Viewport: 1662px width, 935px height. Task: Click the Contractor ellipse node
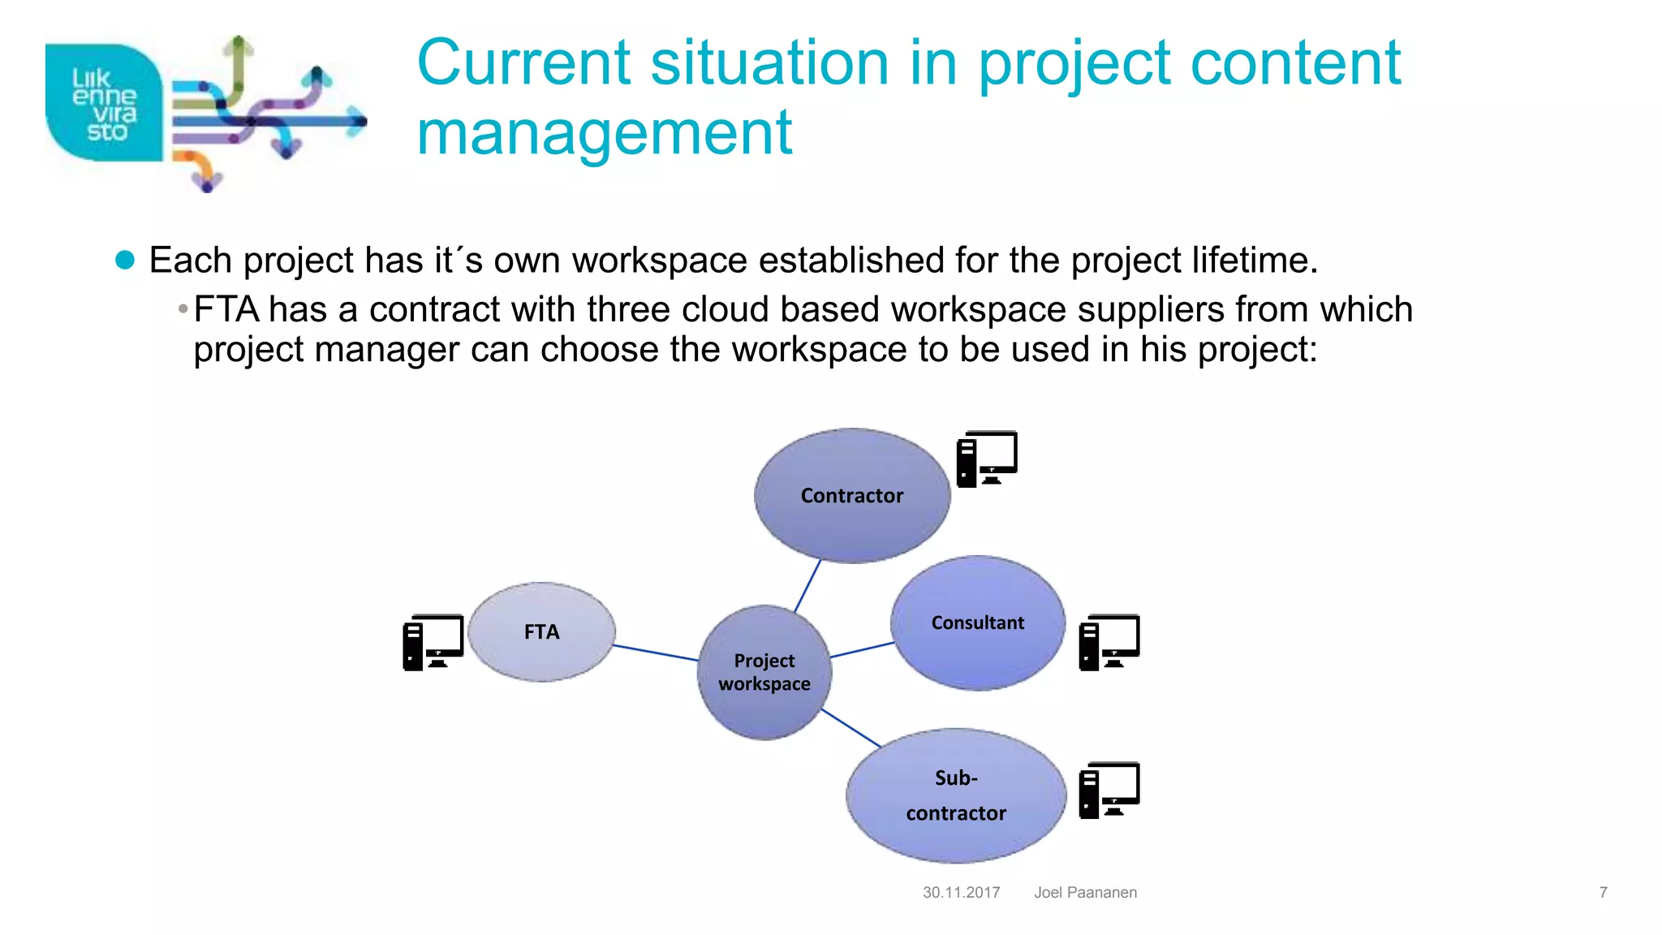851,495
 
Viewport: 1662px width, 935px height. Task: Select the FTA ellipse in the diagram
541,631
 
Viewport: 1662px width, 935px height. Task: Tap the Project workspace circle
764,672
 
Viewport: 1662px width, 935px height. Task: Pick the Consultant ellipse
977,623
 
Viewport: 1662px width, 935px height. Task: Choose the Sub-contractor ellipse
955,795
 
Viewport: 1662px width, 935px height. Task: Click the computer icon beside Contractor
986,459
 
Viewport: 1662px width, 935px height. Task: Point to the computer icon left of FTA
433,642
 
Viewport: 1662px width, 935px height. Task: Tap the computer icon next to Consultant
1109,642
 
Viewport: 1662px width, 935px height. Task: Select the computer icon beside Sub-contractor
1109,790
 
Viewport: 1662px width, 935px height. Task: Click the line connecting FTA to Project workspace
655,653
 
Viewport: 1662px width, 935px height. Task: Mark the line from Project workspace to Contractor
807,585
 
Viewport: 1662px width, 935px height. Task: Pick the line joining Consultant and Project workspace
862,649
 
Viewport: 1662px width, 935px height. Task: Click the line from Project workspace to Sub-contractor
850,727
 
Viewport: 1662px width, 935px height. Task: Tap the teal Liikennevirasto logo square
103,103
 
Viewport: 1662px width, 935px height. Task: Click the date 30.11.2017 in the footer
961,892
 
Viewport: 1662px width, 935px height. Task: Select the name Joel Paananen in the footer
1085,892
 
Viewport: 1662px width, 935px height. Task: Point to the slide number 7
1603,892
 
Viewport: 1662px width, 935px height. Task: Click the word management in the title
604,133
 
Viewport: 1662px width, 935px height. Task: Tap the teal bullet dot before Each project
125,260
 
